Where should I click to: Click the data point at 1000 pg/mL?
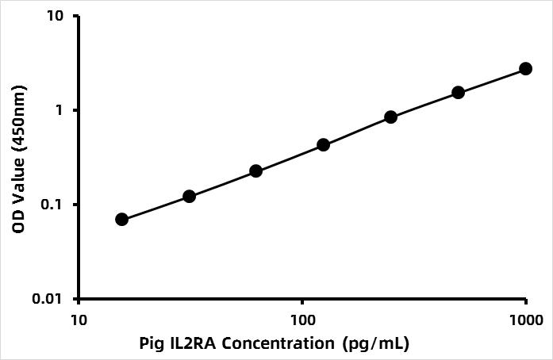click(x=525, y=69)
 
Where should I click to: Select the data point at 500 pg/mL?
click(x=458, y=93)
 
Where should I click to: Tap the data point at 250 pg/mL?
click(x=390, y=117)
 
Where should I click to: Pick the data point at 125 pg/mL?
click(x=323, y=145)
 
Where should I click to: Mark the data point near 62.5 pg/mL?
click(x=255, y=171)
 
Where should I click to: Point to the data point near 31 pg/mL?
click(x=189, y=196)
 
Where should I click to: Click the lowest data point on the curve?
click(x=121, y=219)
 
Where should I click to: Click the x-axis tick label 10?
click(x=78, y=320)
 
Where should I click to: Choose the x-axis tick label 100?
click(x=301, y=320)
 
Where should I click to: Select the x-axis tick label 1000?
click(x=524, y=320)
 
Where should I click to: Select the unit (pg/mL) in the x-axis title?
click(x=374, y=343)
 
